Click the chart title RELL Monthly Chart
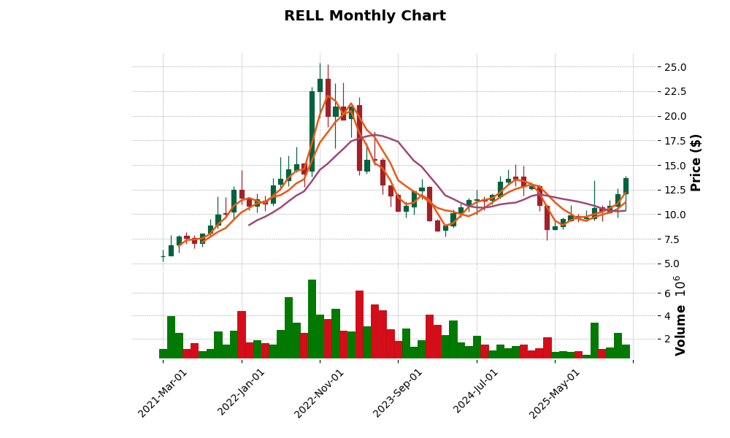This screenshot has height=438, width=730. pyautogui.click(x=364, y=16)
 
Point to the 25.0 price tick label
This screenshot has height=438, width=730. pyautogui.click(x=671, y=67)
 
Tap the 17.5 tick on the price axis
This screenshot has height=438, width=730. pyautogui.click(x=671, y=141)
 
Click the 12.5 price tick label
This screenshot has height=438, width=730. pyautogui.click(x=671, y=190)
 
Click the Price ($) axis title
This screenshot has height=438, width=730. pyautogui.click(x=696, y=162)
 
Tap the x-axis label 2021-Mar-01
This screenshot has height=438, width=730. pyautogui.click(x=163, y=393)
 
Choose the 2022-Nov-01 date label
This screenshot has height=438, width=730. pyautogui.click(x=320, y=393)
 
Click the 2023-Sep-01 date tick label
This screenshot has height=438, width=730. pyautogui.click(x=398, y=393)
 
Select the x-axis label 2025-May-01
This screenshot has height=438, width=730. pyautogui.click(x=555, y=393)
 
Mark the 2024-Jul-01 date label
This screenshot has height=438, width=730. pyautogui.click(x=476, y=393)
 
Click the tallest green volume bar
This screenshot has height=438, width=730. pyautogui.click(x=312, y=319)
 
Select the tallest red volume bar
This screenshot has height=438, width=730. pyautogui.click(x=359, y=324)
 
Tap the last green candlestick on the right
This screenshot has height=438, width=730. pyautogui.click(x=626, y=185)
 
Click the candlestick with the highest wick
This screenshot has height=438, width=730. pyautogui.click(x=320, y=85)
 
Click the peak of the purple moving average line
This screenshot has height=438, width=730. pyautogui.click(x=374, y=134)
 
